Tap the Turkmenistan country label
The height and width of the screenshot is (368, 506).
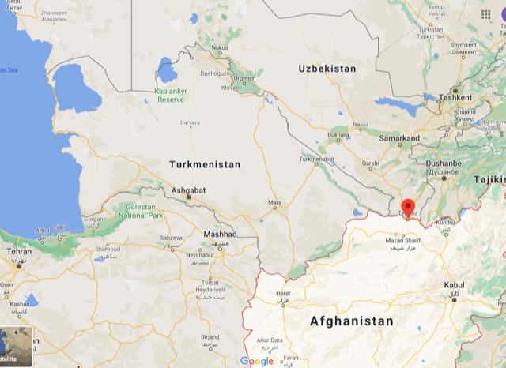click(x=205, y=163)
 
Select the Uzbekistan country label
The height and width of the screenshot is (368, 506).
click(x=327, y=69)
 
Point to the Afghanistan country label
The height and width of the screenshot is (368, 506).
click(x=351, y=321)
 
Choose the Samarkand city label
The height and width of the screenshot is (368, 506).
click(x=398, y=138)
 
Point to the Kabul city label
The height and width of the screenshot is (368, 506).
click(x=455, y=284)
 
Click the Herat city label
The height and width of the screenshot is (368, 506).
click(x=283, y=294)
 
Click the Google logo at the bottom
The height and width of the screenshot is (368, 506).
click(x=256, y=361)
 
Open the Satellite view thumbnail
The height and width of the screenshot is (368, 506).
click(x=16, y=348)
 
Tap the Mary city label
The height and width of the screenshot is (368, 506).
click(x=274, y=203)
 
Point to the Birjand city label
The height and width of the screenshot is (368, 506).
click(x=209, y=336)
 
